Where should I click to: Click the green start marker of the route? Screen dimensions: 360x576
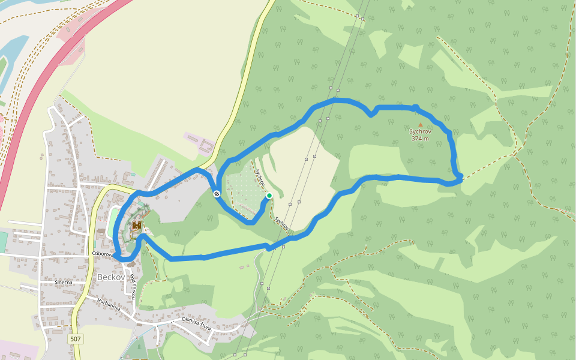tap(269, 196)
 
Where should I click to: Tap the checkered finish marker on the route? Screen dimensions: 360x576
tap(216, 193)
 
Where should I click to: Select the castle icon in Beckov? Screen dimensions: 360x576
tap(137, 226)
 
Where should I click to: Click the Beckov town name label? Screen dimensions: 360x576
tap(112, 278)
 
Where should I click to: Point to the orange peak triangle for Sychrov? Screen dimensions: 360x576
tap(420, 125)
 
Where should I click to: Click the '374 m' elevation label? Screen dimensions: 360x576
tap(420, 139)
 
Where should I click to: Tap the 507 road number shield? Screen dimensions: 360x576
tap(75, 339)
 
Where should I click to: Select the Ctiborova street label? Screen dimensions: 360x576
tap(103, 254)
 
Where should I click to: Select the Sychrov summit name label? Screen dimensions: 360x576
tap(420, 131)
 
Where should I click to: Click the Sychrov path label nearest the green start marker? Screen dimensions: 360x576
tap(260, 176)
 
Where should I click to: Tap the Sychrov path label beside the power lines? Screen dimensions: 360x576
tap(282, 224)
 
